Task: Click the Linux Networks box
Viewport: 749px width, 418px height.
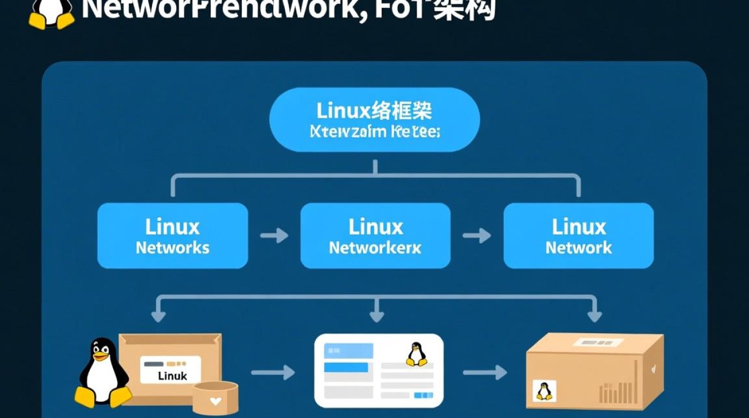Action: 172,236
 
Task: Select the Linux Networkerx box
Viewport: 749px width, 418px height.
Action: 375,236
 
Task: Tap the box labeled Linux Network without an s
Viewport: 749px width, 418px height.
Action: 578,236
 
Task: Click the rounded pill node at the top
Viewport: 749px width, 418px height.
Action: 374,120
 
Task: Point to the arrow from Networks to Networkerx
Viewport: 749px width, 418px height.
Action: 274,236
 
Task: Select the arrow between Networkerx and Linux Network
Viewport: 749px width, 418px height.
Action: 477,236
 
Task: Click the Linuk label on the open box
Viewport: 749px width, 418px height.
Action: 172,376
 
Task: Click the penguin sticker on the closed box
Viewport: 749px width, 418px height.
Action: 543,391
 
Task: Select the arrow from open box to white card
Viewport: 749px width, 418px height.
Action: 273,372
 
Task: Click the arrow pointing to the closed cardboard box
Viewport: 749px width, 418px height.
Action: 485,372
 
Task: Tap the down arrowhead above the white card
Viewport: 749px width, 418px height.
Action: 377,315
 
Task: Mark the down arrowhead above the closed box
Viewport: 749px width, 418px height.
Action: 594,315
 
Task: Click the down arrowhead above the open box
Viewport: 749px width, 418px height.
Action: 158,315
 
